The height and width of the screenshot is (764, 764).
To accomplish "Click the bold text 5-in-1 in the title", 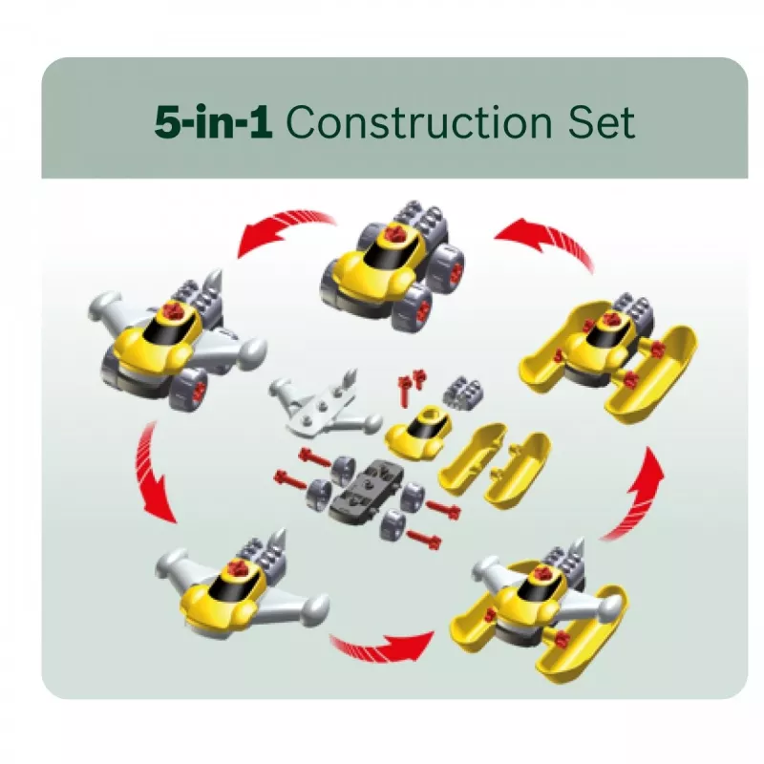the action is click(213, 122).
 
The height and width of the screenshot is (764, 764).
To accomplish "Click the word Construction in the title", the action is click(419, 122).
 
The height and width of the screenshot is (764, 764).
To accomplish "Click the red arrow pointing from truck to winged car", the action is click(283, 229).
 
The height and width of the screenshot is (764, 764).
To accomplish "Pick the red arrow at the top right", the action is click(545, 239).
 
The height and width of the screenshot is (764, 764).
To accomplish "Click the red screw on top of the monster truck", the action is click(393, 233).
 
